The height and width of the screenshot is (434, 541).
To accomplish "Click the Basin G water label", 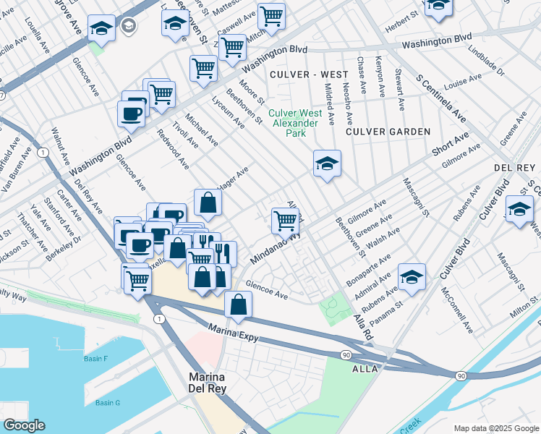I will pyautogui.click(x=108, y=402).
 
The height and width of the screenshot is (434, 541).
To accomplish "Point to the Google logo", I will pyautogui.click(x=24, y=425).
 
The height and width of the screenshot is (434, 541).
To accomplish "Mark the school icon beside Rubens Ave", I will pyautogui.click(x=412, y=277).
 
